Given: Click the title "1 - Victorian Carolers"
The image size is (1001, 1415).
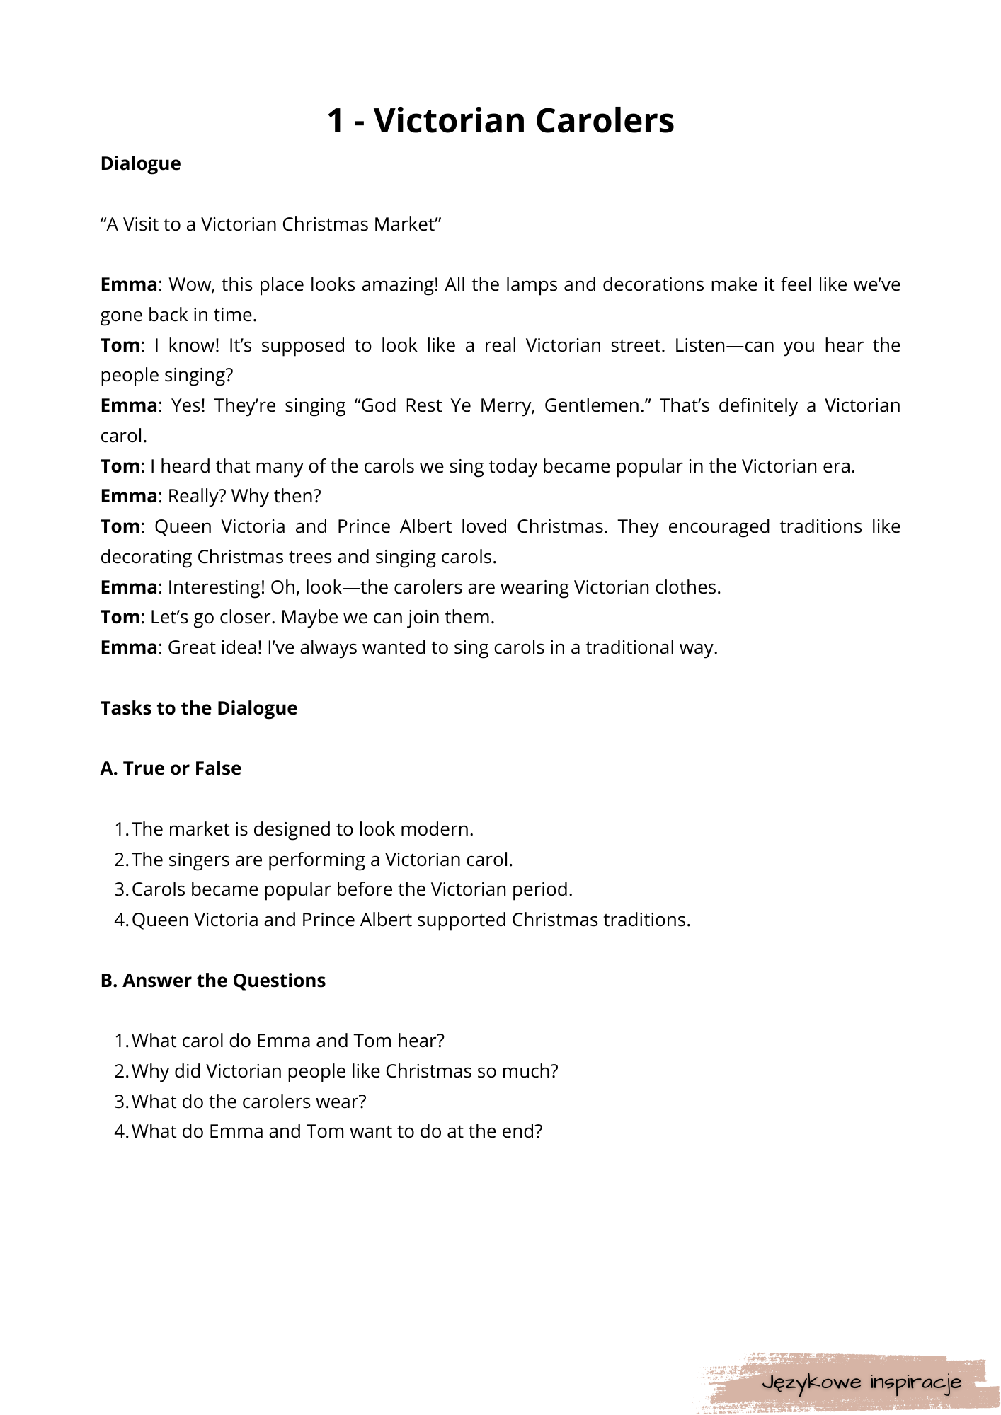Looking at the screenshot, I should (500, 120).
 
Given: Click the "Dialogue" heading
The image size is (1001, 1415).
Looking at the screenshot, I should (140, 163).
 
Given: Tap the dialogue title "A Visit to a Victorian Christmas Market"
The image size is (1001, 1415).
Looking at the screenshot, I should (270, 224).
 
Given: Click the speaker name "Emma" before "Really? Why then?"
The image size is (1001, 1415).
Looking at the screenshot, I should (128, 496).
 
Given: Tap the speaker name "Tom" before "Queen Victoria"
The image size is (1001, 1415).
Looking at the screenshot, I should (120, 526).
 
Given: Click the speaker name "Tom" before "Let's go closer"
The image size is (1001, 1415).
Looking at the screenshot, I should (120, 617).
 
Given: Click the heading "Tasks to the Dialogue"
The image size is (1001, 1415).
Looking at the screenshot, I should (198, 708).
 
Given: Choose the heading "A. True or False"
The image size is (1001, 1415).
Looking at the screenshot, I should (171, 768).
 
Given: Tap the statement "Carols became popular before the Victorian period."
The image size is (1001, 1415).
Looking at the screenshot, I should (352, 889).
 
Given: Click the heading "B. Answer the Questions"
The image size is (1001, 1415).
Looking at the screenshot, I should (212, 981).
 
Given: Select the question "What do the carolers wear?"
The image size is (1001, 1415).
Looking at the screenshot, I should (248, 1102).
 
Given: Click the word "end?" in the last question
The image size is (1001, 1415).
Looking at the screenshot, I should (522, 1131).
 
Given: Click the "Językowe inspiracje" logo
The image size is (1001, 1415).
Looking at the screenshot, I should (861, 1382).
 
